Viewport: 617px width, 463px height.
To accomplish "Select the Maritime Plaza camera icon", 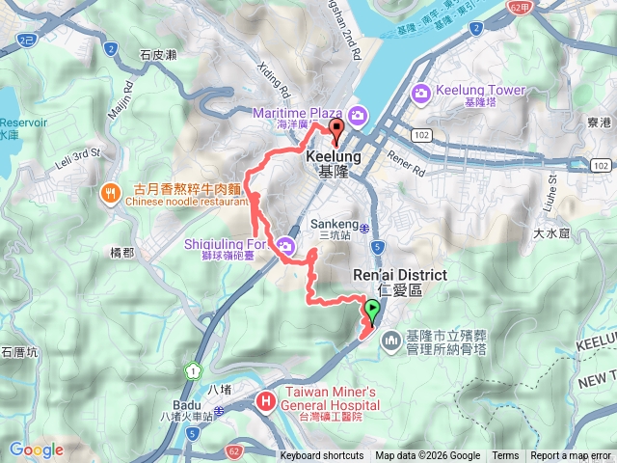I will click(359, 117).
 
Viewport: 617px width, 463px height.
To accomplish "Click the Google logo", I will click(36, 449).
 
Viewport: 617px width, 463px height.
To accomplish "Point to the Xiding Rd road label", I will click(275, 81).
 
